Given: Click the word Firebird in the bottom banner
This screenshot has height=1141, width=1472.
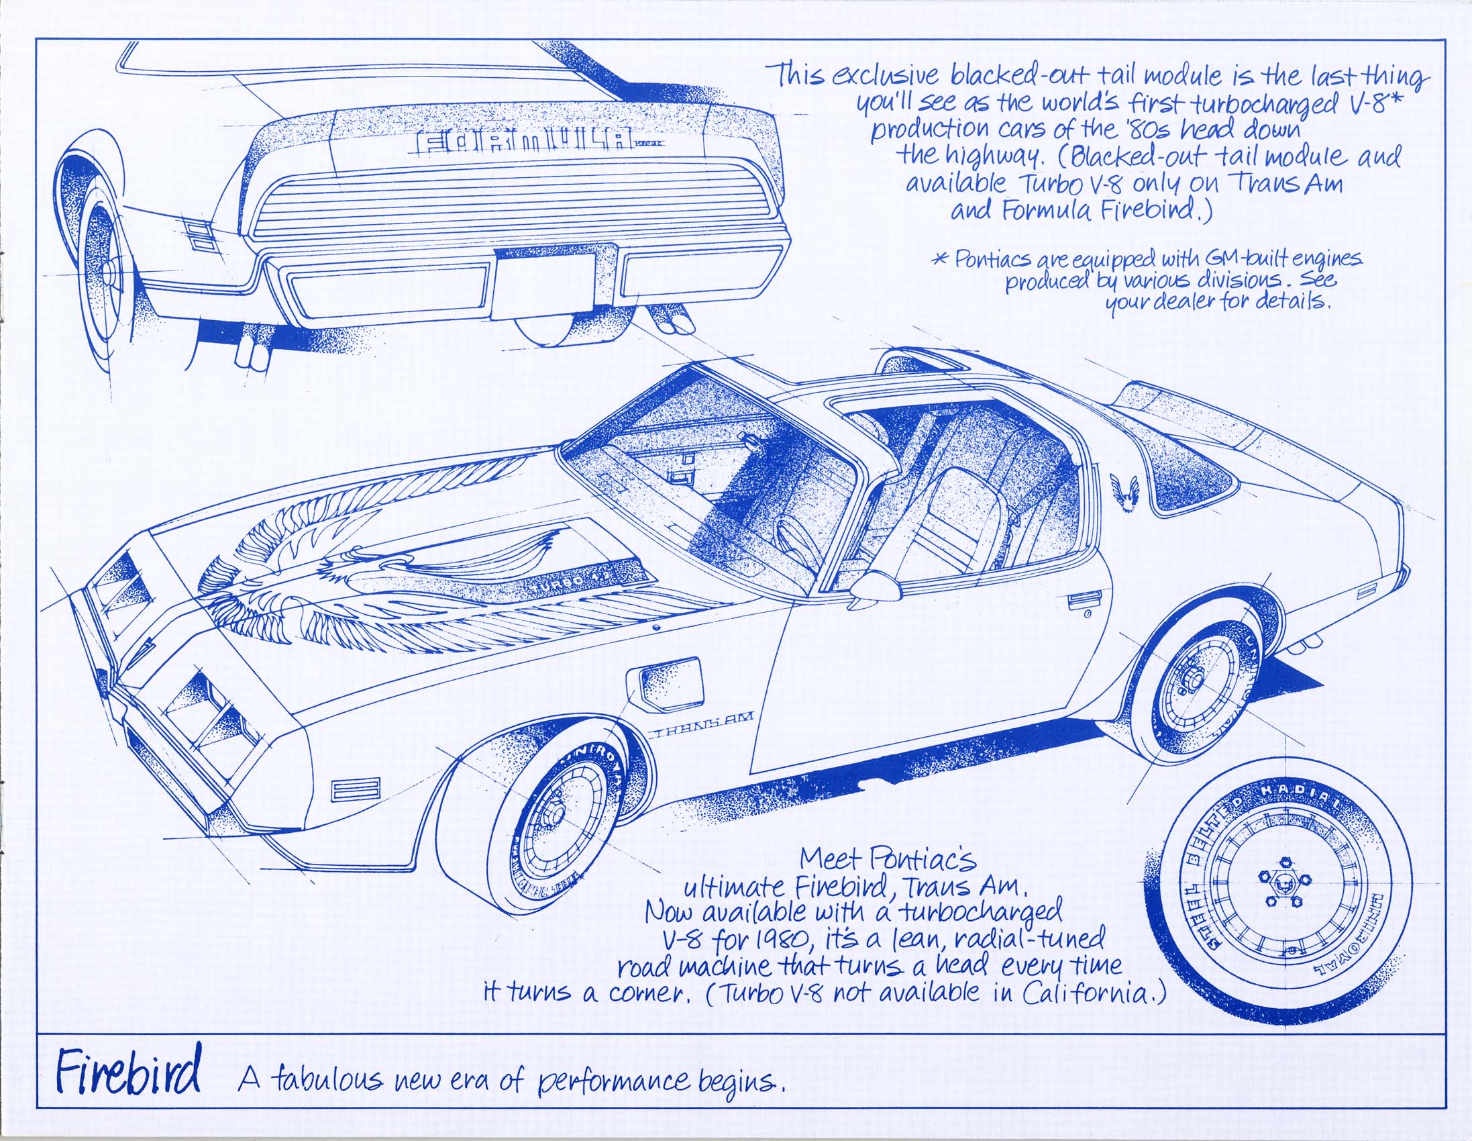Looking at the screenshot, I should (x=128, y=1073).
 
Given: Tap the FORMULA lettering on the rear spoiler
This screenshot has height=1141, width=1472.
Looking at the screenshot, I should (x=526, y=144).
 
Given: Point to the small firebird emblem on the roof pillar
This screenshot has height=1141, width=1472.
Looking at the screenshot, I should (x=1125, y=493).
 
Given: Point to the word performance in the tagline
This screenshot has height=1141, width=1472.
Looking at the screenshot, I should (x=613, y=1083).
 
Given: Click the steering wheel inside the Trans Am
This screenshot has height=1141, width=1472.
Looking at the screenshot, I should (x=795, y=540).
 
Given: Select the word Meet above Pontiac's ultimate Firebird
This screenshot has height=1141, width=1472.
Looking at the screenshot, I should (x=831, y=859).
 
